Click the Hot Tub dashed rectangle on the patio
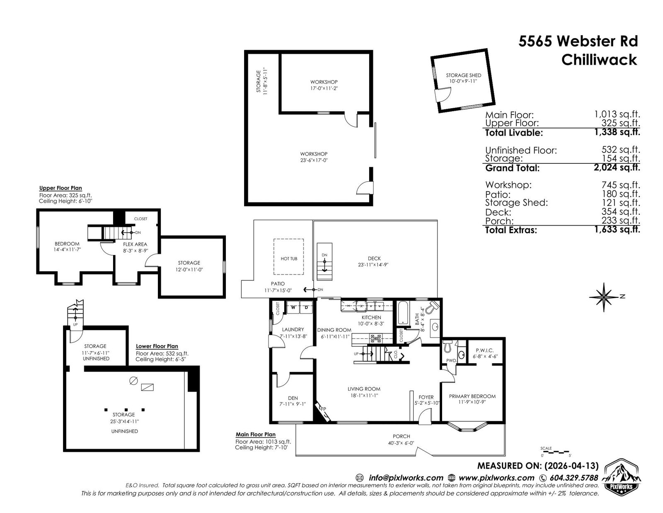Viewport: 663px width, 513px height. tap(288, 239)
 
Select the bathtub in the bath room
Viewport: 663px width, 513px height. tap(402, 313)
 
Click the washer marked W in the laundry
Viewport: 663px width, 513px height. tap(293, 307)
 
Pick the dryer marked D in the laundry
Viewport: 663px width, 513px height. tap(306, 307)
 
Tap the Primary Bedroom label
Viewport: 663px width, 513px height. tap(472, 396)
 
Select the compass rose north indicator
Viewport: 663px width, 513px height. tap(604, 297)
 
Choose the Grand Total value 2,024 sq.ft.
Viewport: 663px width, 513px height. tap(617, 167)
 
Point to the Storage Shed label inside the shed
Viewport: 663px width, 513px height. tap(463, 75)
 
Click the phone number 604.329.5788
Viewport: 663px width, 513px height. tap(573, 478)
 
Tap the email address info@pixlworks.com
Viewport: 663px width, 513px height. tap(406, 478)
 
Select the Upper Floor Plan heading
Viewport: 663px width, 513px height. tap(60, 188)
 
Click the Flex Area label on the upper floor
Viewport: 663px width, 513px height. tap(135, 244)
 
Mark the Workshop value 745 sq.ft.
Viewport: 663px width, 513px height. tap(621, 185)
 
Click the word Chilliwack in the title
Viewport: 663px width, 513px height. tap(599, 60)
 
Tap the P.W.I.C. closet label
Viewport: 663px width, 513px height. tap(484, 350)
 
